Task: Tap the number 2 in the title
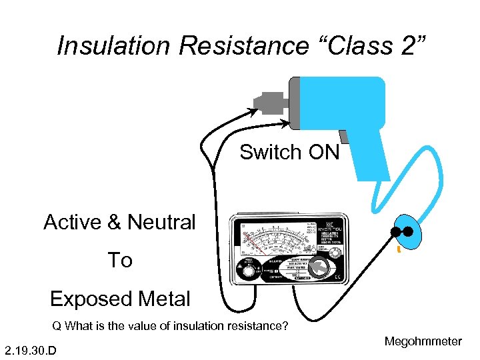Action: point(409,46)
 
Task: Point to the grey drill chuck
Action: point(271,103)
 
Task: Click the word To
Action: point(120,260)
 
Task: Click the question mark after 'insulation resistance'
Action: point(285,327)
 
